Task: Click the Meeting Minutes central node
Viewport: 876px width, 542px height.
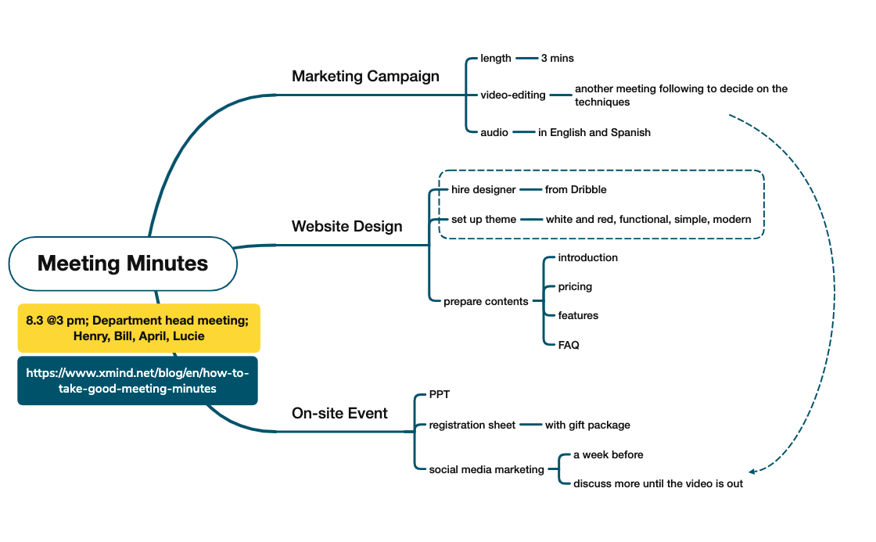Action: click(123, 264)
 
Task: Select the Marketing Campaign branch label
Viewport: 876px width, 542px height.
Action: click(365, 76)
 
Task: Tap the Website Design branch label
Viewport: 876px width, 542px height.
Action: click(347, 226)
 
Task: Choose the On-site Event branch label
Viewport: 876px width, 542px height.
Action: click(339, 413)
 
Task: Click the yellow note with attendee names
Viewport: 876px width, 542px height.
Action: click(138, 328)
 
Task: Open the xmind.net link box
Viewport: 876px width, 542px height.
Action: click(138, 381)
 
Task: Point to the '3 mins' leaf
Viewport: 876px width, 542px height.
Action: click(557, 58)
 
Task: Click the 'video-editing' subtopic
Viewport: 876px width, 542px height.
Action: click(513, 95)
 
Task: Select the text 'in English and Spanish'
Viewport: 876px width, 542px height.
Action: click(594, 132)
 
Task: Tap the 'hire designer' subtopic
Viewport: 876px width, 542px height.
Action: click(483, 189)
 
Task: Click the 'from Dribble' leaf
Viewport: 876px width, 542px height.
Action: click(576, 189)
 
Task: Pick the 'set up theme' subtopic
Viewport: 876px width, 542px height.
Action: click(483, 219)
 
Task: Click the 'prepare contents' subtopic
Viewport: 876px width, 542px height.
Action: click(486, 301)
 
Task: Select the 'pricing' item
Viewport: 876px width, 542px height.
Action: click(575, 286)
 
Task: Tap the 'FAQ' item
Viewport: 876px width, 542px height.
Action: click(569, 344)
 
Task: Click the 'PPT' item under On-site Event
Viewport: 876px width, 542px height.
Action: click(440, 395)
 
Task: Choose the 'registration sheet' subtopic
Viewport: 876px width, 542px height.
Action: click(472, 425)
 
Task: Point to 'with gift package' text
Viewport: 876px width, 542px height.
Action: click(587, 425)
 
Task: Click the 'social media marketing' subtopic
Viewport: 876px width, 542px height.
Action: click(486, 469)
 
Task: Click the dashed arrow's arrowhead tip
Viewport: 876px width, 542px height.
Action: click(751, 472)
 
